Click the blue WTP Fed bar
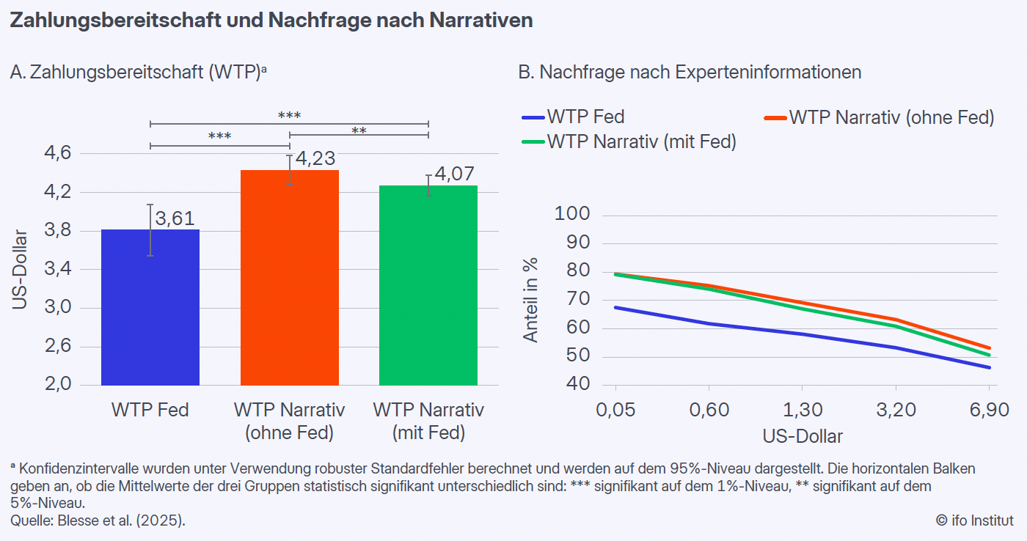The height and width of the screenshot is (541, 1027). [x=150, y=308]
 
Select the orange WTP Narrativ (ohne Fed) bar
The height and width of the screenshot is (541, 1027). [x=290, y=279]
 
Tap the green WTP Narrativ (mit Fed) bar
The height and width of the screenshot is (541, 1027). [x=428, y=286]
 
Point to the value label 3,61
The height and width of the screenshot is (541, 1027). [x=177, y=218]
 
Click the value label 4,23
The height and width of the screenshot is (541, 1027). [x=315, y=158]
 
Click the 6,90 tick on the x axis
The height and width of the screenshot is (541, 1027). [x=989, y=409]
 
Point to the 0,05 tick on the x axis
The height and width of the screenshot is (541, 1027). [x=615, y=409]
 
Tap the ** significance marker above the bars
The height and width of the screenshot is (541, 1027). [x=359, y=131]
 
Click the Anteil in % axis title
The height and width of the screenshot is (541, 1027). [x=530, y=300]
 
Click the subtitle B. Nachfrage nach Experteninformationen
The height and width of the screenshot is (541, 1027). [x=690, y=73]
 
